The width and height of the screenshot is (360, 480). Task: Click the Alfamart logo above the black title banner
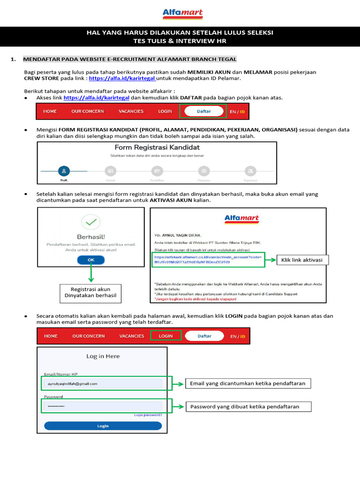(180, 14)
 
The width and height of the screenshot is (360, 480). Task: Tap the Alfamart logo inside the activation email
(241, 219)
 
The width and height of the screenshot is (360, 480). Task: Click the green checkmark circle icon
(91, 222)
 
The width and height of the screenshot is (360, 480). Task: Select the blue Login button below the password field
(103, 426)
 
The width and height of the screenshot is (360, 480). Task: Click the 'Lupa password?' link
(148, 414)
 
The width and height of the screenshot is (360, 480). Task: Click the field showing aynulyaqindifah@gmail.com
(103, 383)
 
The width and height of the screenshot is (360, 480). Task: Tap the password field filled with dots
(103, 406)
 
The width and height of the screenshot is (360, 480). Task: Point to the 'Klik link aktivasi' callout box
(302, 260)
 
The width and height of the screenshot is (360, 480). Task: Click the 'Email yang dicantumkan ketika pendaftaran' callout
(247, 383)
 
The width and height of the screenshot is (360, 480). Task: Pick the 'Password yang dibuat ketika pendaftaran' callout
(247, 406)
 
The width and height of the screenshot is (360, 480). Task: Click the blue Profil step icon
(64, 171)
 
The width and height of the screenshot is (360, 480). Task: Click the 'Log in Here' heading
(103, 356)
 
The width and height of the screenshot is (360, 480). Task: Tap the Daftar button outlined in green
(204, 111)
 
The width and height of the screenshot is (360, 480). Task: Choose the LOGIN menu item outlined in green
(165, 336)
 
